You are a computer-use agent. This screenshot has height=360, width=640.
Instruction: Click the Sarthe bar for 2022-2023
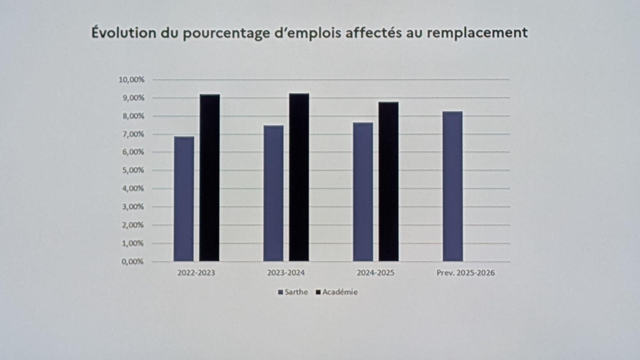pyautogui.click(x=184, y=199)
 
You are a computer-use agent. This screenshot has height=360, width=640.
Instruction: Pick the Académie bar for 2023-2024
pyautogui.click(x=299, y=177)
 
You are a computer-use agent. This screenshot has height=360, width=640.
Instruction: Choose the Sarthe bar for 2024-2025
pyautogui.click(x=363, y=192)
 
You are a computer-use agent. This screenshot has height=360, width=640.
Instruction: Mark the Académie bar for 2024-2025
pyautogui.click(x=389, y=182)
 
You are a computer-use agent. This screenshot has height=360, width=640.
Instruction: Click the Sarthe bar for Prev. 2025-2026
pyautogui.click(x=453, y=186)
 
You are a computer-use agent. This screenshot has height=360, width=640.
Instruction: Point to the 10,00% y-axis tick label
pyautogui.click(x=132, y=80)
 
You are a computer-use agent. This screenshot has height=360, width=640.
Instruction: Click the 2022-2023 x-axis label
pyautogui.click(x=196, y=273)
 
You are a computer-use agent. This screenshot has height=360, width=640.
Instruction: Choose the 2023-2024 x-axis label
pyautogui.click(x=286, y=273)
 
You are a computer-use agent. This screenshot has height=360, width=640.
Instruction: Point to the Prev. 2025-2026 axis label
pyautogui.click(x=466, y=273)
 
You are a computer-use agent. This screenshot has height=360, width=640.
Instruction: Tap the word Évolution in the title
pyautogui.click(x=124, y=33)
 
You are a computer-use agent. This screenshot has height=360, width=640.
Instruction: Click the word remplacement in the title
pyautogui.click(x=477, y=33)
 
